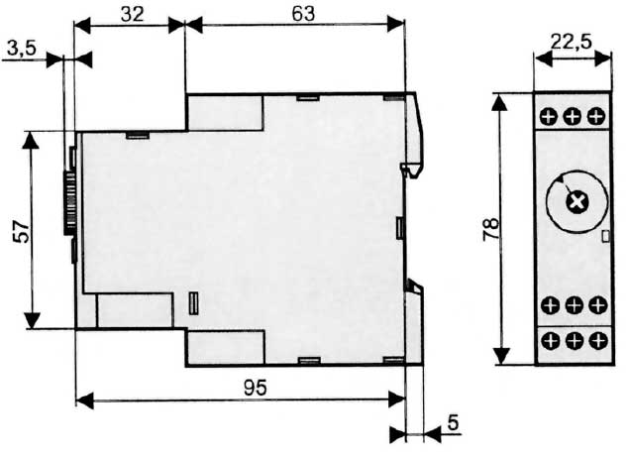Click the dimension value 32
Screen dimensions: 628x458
[132, 14]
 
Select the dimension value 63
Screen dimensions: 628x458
[303, 14]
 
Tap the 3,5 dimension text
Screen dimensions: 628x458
[22, 49]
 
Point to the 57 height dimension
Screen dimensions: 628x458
[21, 231]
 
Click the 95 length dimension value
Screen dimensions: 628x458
[256, 388]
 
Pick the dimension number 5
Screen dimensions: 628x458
[453, 422]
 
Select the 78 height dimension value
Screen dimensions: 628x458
[491, 229]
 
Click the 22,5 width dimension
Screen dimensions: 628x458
[572, 42]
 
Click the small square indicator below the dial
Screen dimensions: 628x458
[605, 236]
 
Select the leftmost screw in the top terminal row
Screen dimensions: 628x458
[549, 117]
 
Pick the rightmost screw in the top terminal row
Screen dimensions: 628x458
[596, 116]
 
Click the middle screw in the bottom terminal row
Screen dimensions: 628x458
[575, 341]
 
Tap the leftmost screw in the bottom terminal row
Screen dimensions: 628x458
[551, 341]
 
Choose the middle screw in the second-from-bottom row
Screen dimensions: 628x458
[575, 305]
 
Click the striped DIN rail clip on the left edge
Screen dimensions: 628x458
[69, 202]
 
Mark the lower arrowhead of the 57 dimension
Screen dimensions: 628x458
[32, 319]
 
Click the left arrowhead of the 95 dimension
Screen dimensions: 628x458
[85, 400]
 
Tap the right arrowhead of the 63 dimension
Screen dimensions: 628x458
[395, 24]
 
